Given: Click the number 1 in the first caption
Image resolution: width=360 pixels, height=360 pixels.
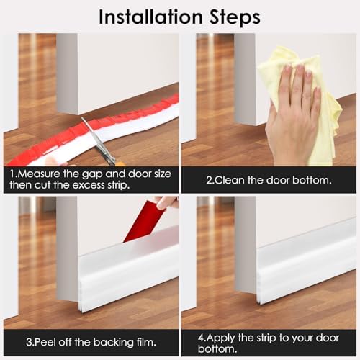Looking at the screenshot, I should (x=13, y=174).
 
